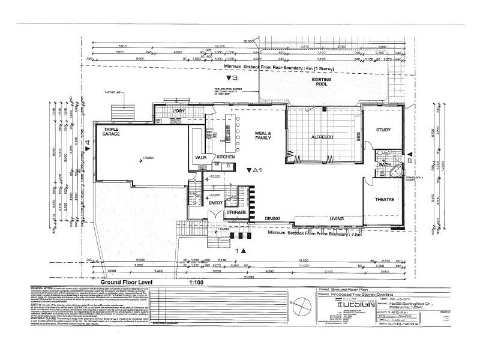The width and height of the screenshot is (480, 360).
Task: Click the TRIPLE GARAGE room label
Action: coord(112,132)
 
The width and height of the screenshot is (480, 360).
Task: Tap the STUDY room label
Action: coord(383,130)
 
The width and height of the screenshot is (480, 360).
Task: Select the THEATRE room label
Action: coord(384,199)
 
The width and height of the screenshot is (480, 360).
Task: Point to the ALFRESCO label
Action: coord(322,137)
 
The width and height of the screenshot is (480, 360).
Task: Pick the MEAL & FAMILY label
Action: coord(263,136)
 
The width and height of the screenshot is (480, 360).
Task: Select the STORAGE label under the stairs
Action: coord(236,212)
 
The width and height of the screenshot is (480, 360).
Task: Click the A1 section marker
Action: coord(256,170)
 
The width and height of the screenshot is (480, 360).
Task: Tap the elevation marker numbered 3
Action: coord(232,78)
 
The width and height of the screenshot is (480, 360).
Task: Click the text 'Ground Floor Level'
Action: coord(127,281)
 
